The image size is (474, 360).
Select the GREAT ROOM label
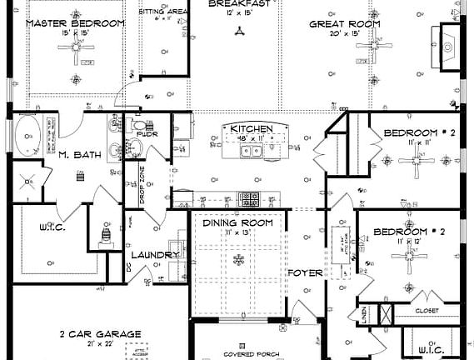click(x=345, y=24)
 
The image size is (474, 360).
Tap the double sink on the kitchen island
click(x=252, y=151)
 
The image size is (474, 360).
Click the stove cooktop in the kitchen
click(x=248, y=198)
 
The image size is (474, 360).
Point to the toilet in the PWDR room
click(x=138, y=125)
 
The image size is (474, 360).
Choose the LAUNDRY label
click(x=155, y=255)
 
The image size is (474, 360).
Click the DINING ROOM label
click(x=239, y=223)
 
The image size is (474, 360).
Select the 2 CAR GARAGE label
click(x=99, y=333)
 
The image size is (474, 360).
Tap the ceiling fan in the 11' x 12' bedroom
click(x=414, y=261)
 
